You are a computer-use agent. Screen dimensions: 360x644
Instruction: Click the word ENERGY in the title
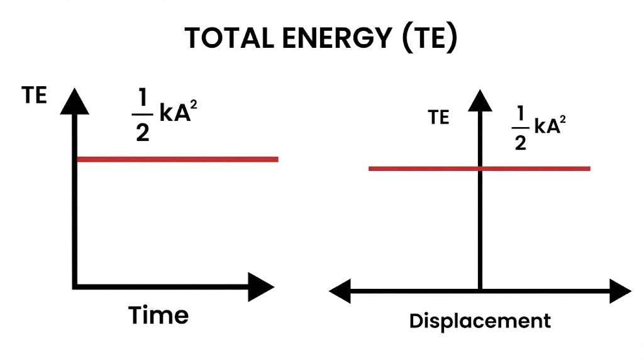(338, 38)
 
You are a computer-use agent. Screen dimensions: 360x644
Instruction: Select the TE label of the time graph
(35, 96)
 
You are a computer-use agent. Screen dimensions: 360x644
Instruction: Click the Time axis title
(158, 315)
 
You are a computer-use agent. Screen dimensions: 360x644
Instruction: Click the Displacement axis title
(480, 321)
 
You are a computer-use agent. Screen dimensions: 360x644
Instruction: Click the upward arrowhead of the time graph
(75, 101)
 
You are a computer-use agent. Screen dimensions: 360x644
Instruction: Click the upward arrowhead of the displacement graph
(480, 100)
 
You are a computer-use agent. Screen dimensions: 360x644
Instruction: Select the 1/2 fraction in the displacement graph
(519, 128)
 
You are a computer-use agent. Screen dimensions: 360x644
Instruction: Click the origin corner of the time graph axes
(76, 286)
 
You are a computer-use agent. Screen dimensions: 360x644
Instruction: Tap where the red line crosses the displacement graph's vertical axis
(480, 169)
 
